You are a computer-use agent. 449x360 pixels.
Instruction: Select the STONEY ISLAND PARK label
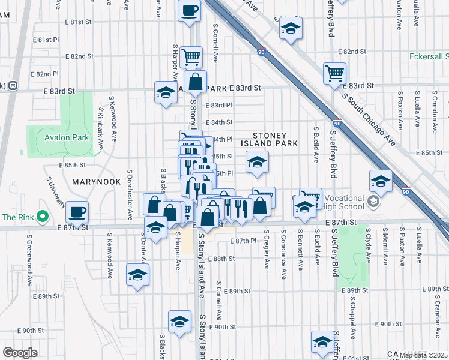[x=270, y=140]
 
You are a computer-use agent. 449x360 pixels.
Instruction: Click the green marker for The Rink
[x=42, y=217]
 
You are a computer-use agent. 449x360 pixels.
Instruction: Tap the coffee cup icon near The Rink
[x=77, y=211]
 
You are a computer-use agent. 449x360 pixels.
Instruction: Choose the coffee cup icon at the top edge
[x=189, y=11]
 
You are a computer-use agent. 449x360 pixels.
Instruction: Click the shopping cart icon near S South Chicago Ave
[x=334, y=73]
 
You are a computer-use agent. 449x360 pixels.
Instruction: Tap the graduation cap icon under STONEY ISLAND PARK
[x=257, y=161]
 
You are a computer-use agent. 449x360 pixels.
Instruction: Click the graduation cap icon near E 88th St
[x=137, y=274]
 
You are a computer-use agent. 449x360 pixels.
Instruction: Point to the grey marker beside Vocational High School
[x=374, y=202]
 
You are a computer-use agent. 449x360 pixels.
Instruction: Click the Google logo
[x=20, y=352]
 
